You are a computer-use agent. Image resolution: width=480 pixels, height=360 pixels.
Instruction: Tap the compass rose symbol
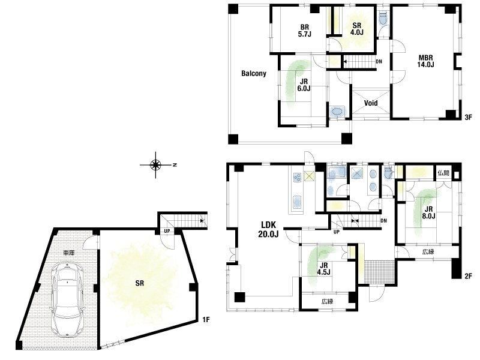(156, 165)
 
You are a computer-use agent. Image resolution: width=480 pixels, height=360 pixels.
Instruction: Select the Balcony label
(254, 73)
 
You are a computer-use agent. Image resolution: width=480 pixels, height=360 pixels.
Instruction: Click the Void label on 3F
(371, 103)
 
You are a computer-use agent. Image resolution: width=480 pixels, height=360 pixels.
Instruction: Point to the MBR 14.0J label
(426, 61)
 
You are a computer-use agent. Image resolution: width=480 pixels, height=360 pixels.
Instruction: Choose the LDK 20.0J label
(268, 230)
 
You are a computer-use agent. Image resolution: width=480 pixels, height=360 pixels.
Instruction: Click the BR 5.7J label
(305, 31)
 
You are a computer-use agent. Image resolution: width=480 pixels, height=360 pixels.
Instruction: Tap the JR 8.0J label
(428, 213)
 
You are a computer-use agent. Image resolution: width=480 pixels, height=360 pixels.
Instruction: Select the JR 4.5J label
(323, 269)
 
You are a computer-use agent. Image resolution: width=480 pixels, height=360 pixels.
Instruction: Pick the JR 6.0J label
(304, 85)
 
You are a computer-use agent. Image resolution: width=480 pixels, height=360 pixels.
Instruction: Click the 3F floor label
(469, 117)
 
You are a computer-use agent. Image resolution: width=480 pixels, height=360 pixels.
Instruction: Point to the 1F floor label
(206, 320)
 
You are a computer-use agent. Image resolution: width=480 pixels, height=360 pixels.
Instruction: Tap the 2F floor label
(469, 276)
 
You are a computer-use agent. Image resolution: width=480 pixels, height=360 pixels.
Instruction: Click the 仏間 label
(443, 173)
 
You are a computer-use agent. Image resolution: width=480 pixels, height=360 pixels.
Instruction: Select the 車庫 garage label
(68, 253)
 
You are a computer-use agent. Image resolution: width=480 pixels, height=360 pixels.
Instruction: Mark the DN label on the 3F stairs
(379, 62)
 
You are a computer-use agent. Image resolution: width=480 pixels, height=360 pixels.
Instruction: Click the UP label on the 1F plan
(167, 231)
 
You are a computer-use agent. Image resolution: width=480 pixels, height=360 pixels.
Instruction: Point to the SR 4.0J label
(356, 29)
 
